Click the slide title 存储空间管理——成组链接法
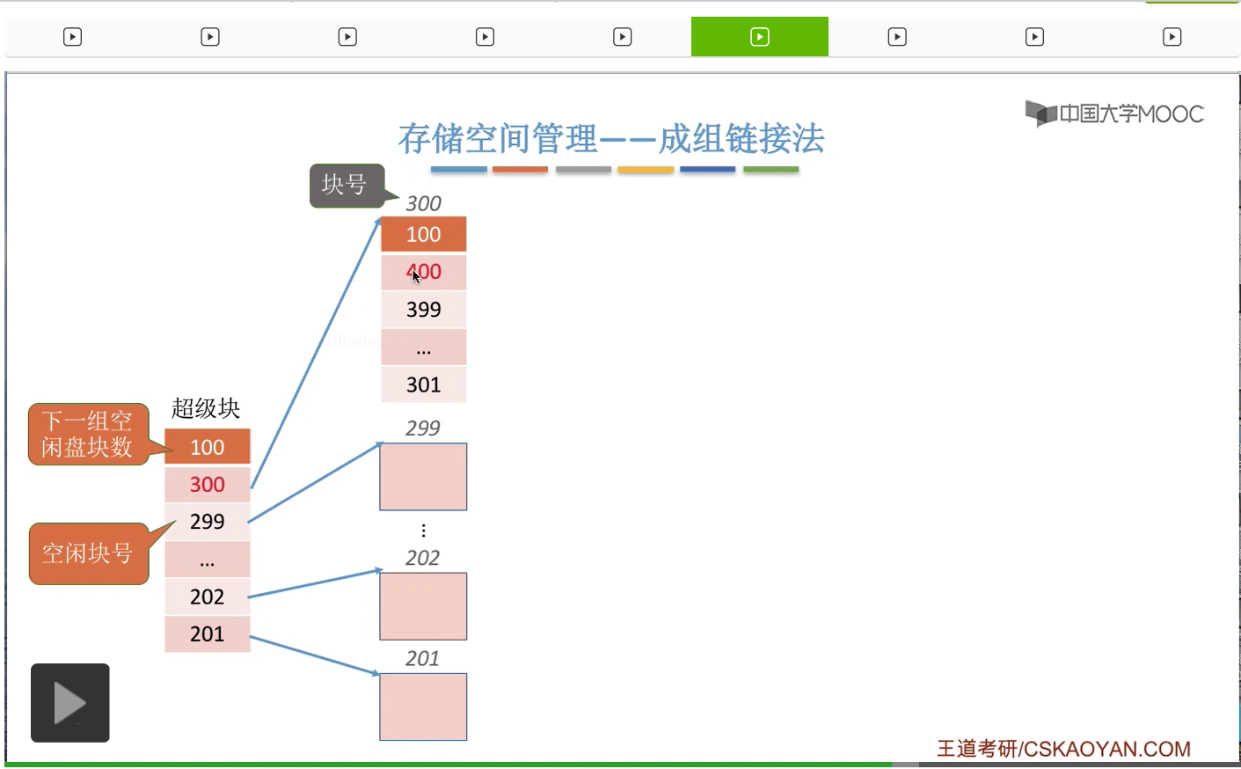(611, 139)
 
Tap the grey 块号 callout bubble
(346, 185)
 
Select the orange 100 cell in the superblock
(208, 447)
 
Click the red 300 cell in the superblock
(208, 484)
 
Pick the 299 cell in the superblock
(208, 522)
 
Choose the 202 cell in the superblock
(208, 597)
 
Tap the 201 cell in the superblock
(208, 634)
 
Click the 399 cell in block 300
(423, 310)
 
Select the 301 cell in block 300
(423, 384)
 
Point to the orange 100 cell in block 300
(423, 235)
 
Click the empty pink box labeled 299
(423, 477)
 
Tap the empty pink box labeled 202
(423, 606)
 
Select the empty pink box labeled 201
(423, 707)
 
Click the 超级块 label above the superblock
(206, 408)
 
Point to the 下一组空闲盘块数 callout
(87, 435)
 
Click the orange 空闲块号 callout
(87, 553)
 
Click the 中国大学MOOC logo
(1114, 114)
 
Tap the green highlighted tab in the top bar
(759, 37)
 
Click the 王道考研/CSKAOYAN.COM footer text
(1063, 749)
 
